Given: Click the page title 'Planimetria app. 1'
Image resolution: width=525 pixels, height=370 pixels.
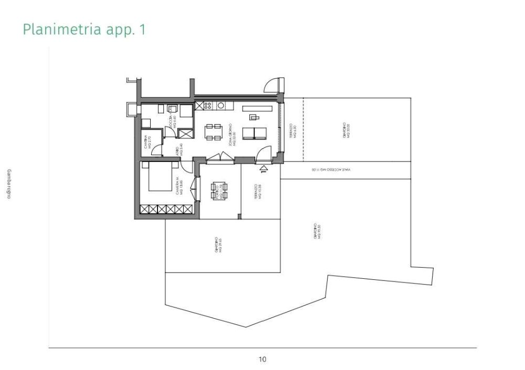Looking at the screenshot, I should (84, 30).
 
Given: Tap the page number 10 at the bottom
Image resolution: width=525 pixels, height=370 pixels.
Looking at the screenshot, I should (262, 359).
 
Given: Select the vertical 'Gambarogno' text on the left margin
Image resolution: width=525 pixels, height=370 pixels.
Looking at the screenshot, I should (8, 185).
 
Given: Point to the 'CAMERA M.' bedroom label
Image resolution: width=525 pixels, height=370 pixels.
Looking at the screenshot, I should (180, 186).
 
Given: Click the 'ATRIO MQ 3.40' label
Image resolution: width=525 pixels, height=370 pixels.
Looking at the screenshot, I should (178, 149).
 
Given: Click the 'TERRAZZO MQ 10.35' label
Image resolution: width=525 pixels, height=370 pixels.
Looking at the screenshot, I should (257, 192).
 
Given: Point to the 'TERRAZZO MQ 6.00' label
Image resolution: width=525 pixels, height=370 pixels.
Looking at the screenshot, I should (293, 131).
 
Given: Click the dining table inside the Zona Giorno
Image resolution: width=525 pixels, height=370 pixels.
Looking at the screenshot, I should (213, 132).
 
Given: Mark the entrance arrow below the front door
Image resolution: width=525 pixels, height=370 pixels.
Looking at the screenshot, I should (264, 168).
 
